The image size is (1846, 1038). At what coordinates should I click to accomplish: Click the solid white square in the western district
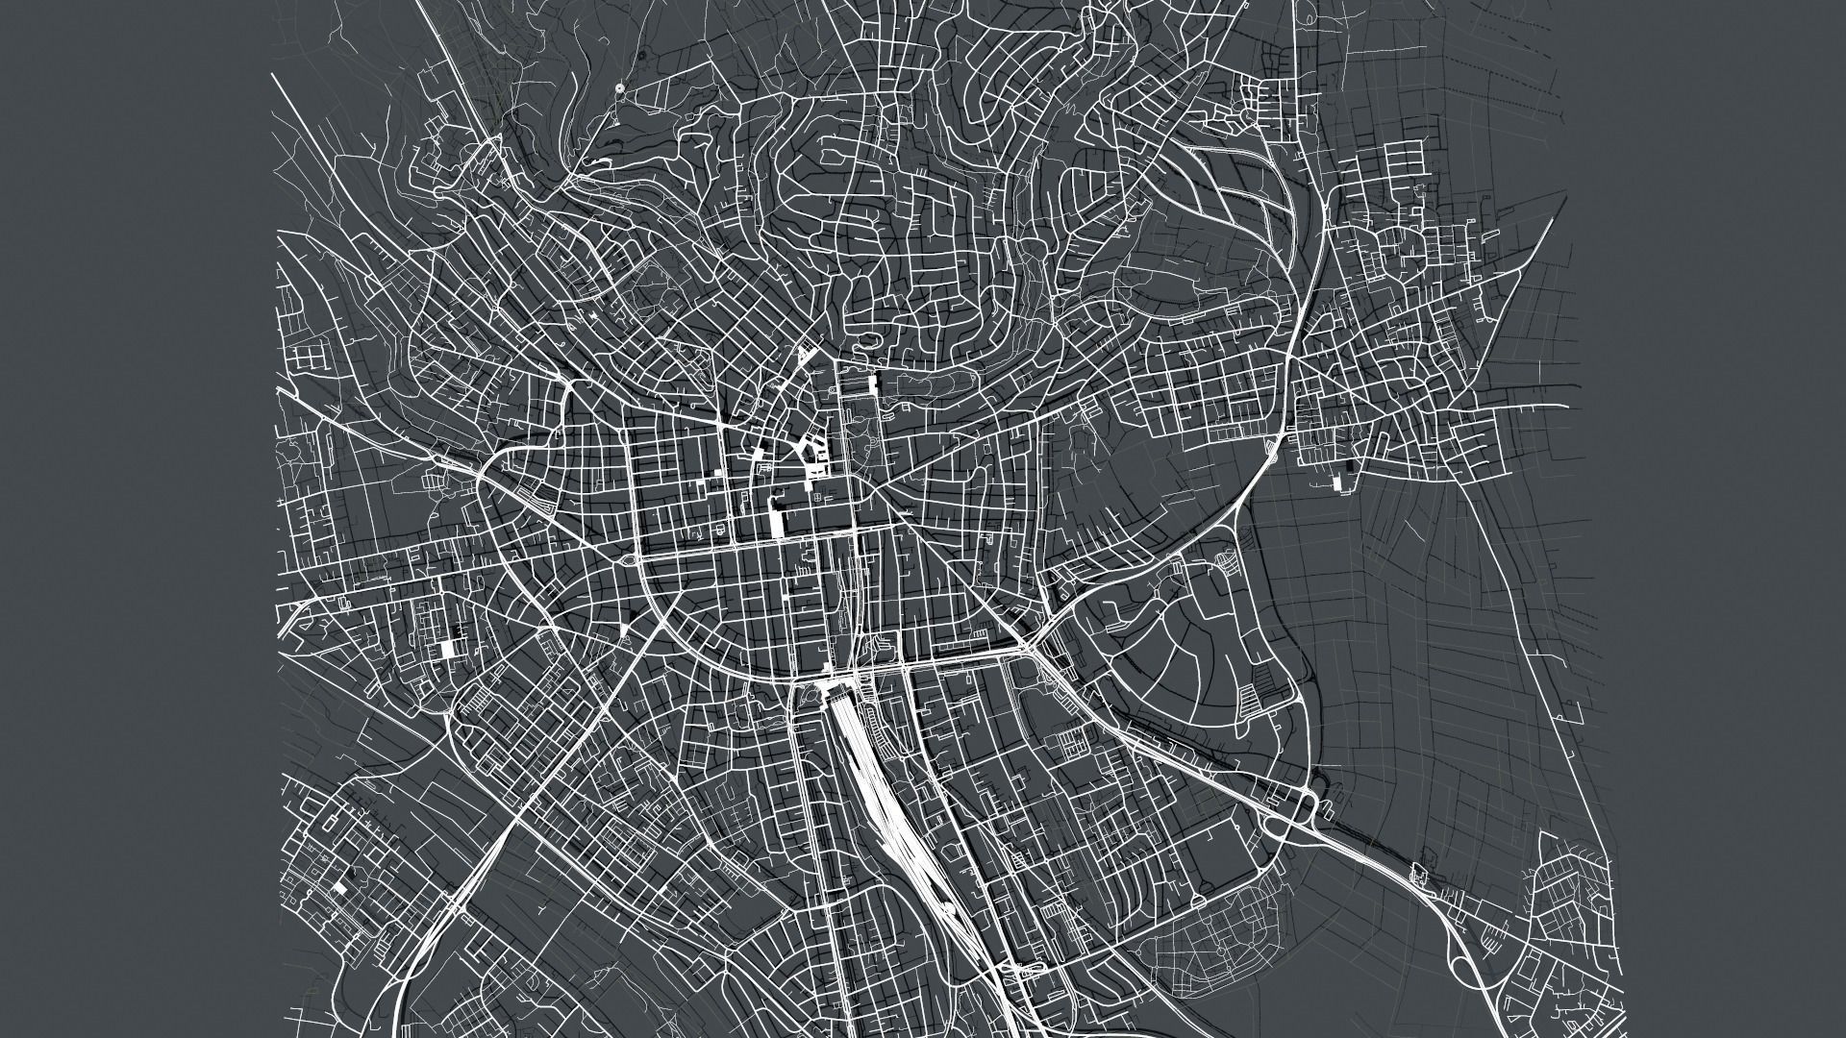[446, 649]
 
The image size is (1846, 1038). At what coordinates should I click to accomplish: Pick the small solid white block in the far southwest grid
[337, 890]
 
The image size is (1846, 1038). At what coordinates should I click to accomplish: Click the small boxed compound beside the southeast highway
[1417, 875]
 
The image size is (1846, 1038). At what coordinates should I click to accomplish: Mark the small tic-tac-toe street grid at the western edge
[306, 357]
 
